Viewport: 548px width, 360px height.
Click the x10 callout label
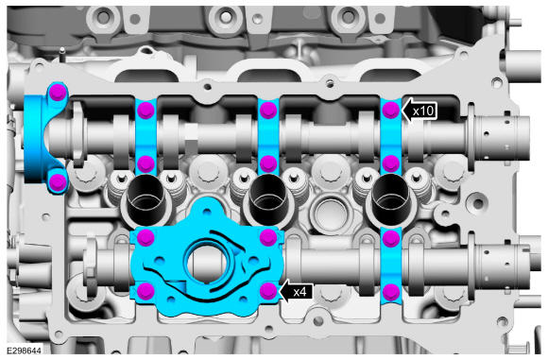tap(423, 111)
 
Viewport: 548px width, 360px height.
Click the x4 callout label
tap(300, 292)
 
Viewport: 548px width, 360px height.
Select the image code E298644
tap(24, 351)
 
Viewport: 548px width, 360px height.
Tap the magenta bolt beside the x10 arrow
tap(391, 110)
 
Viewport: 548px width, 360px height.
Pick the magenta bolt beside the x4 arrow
tap(268, 291)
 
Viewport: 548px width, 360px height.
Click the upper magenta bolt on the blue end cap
tap(58, 93)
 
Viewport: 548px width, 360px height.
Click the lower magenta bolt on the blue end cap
tap(58, 181)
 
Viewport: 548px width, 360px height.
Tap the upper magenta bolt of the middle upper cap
tap(268, 110)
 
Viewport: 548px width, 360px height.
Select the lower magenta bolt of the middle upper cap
tap(268, 163)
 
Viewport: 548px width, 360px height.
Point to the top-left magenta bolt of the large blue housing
tap(146, 238)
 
